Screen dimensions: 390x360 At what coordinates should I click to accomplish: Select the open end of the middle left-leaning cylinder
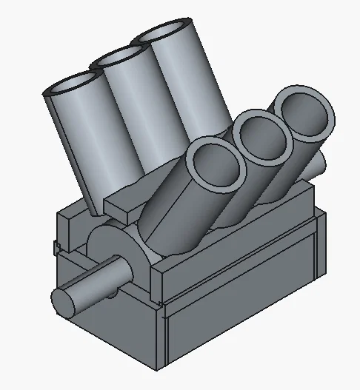[x=119, y=59]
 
